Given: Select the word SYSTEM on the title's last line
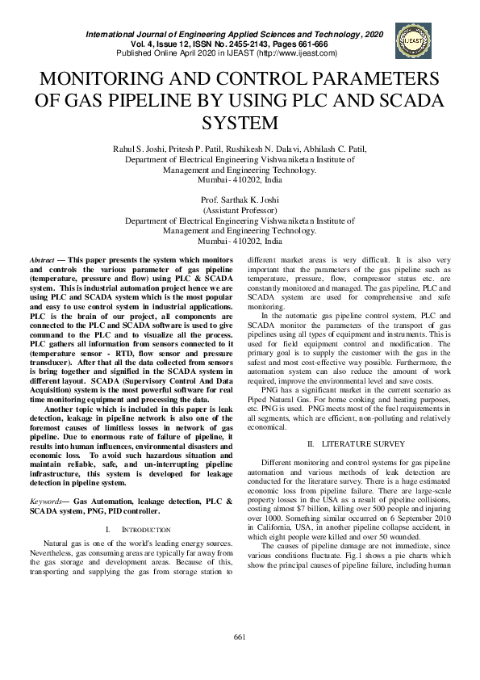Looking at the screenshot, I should (240, 124).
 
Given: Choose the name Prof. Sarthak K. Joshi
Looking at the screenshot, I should (240, 199).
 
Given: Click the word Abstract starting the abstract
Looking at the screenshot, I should (41, 256).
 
